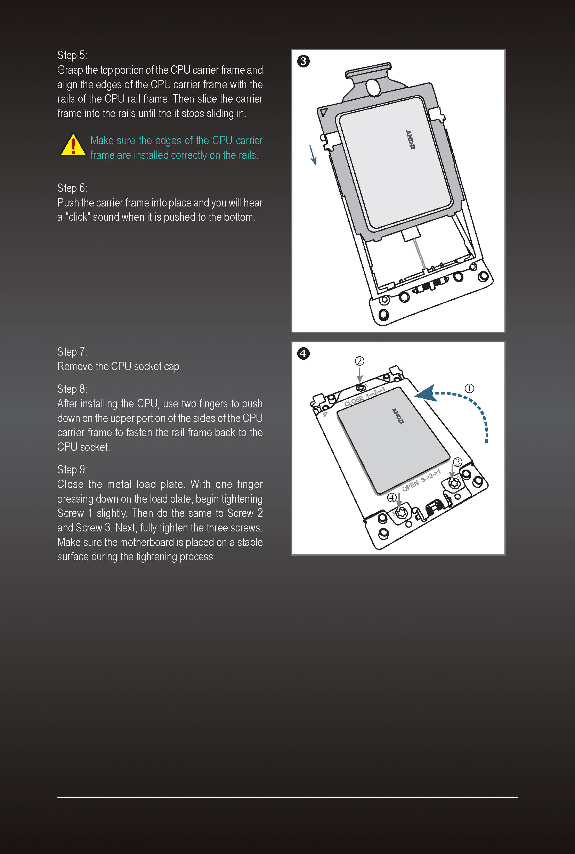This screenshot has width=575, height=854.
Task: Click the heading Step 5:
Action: (x=72, y=55)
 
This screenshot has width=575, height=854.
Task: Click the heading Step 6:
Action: (x=72, y=188)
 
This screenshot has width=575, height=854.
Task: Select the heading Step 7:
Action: (x=72, y=352)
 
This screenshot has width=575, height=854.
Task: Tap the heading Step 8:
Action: (x=72, y=389)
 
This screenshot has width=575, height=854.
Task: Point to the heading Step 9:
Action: (x=72, y=470)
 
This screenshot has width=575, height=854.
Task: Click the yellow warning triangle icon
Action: (x=73, y=145)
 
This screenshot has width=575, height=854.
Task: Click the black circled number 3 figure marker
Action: (x=303, y=61)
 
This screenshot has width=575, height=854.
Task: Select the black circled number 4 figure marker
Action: (x=303, y=353)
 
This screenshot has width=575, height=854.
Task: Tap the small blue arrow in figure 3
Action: (x=313, y=154)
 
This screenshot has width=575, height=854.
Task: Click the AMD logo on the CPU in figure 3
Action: (x=411, y=140)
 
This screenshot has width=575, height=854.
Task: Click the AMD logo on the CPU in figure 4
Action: (x=397, y=416)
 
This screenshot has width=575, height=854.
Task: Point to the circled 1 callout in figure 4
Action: (x=469, y=388)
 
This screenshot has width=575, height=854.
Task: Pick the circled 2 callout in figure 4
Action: (x=359, y=361)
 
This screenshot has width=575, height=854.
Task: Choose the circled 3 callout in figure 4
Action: (x=457, y=462)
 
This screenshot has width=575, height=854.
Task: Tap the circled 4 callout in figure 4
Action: (x=392, y=498)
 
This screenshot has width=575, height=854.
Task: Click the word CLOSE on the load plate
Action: (x=354, y=400)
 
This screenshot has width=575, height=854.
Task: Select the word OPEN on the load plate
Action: (x=410, y=486)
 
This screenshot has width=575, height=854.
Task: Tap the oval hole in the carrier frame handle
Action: (x=373, y=87)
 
